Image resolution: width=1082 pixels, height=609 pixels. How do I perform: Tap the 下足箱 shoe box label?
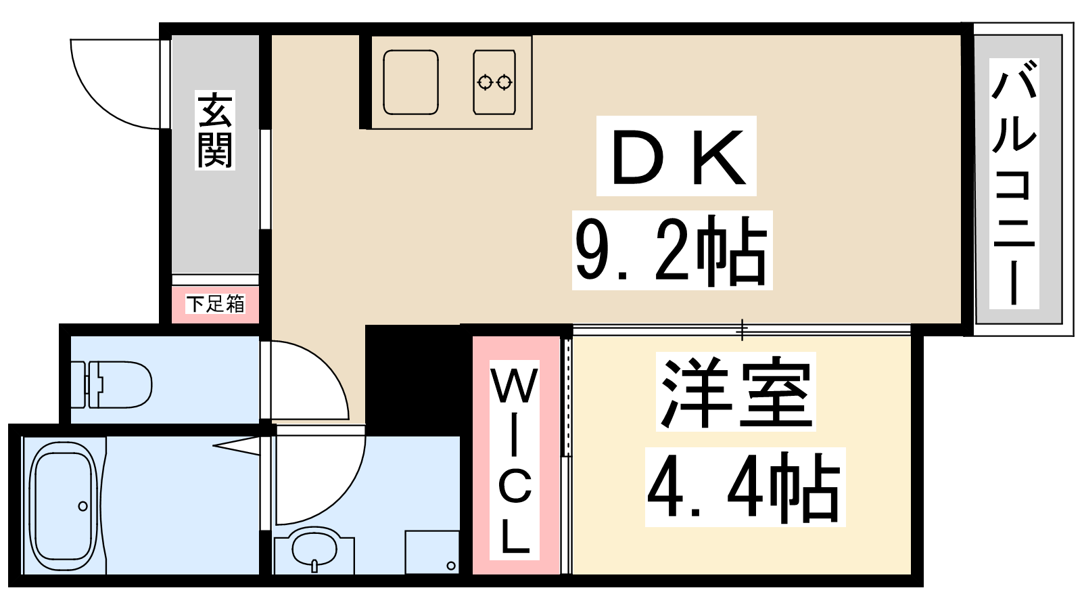tap(216, 304)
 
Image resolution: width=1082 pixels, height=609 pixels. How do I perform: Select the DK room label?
tap(676, 156)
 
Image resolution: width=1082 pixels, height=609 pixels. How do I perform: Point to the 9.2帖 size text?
tap(672, 250)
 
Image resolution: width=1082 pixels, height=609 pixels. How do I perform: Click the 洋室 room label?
tap(736, 392)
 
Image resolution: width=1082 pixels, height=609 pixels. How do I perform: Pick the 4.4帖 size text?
tap(745, 487)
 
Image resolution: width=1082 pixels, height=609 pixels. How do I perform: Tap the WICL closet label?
tap(515, 460)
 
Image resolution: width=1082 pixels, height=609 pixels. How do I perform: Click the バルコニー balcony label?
tap(1014, 183)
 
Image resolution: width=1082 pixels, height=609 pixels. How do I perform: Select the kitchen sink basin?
tap(410, 82)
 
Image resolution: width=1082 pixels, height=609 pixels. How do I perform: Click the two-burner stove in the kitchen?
tap(494, 82)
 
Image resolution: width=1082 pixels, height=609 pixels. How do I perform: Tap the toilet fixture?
tap(111, 385)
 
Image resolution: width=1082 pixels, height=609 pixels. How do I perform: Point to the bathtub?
tap(63, 506)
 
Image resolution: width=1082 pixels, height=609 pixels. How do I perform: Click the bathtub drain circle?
tap(83, 507)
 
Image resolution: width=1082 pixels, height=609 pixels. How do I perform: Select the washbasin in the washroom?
tap(314, 549)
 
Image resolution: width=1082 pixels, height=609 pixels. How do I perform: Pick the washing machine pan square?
tap(432, 552)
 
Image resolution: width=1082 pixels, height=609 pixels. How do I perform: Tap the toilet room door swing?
tap(309, 380)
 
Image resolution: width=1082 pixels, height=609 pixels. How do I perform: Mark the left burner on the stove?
tap(485, 83)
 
